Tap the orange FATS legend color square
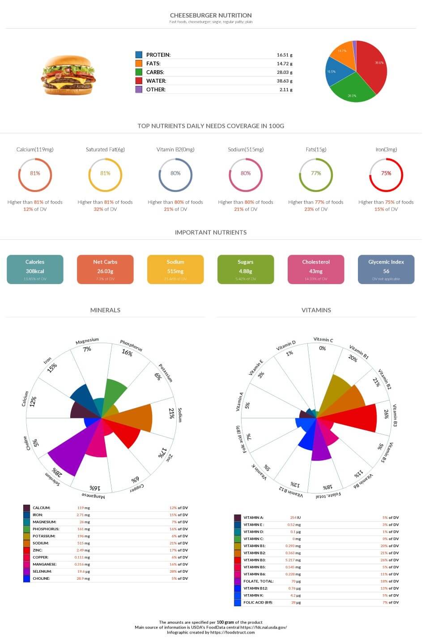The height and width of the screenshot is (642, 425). tap(139, 64)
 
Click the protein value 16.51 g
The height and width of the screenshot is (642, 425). tap(284, 55)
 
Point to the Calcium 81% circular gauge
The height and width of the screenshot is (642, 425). tap(35, 174)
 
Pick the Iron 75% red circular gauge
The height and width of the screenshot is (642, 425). tap(386, 174)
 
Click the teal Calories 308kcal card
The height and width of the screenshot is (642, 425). tap(35, 269)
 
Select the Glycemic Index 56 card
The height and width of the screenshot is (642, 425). tap(386, 269)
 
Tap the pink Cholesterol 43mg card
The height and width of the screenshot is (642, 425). tap(315, 269)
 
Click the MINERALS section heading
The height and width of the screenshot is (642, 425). tap(105, 310)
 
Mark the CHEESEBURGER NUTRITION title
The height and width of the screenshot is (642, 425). tap(211, 15)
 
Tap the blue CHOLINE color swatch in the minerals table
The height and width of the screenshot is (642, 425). tap(27, 578)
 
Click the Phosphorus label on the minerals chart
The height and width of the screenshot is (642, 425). tap(131, 345)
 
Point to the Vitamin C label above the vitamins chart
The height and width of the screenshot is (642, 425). tap(323, 340)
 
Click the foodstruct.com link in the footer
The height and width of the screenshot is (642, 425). tap(233, 632)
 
